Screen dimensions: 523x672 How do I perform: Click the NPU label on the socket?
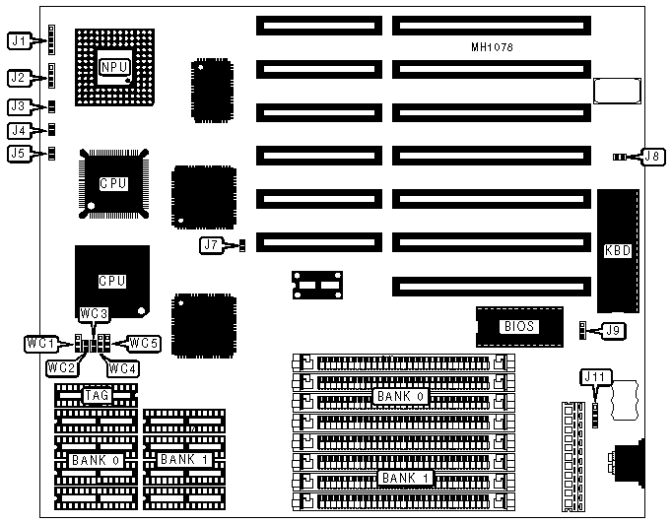click(115, 66)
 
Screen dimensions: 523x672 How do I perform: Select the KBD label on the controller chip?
click(617, 251)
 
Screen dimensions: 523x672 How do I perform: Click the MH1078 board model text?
click(492, 46)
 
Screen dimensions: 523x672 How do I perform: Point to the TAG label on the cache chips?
click(96, 395)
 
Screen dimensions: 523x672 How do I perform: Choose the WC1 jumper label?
click(40, 343)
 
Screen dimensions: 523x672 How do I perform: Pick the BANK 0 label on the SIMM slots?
click(396, 396)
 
